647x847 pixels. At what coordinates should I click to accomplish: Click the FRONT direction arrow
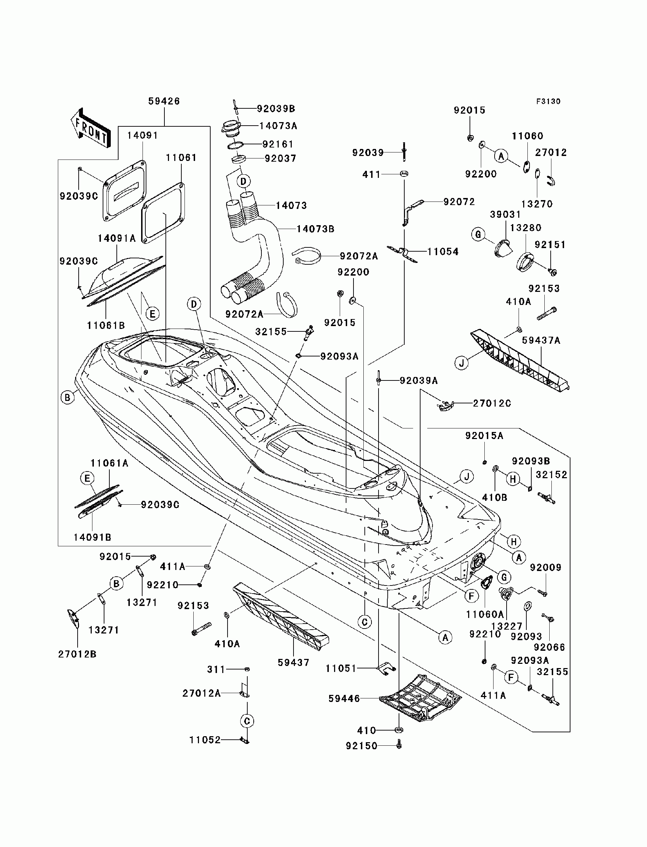pyautogui.click(x=91, y=127)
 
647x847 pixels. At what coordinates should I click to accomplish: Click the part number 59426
pyautogui.click(x=164, y=101)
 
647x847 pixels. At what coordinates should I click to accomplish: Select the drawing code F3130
pyautogui.click(x=549, y=101)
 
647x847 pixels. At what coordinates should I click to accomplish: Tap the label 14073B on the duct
pyautogui.click(x=315, y=229)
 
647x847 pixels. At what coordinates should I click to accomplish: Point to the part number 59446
pyautogui.click(x=344, y=698)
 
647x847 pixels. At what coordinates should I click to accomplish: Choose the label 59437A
pyautogui.click(x=541, y=341)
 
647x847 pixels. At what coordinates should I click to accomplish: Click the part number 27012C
pyautogui.click(x=492, y=403)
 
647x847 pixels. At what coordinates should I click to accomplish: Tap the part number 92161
pyautogui.click(x=278, y=144)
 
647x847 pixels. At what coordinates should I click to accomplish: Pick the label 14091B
pyautogui.click(x=92, y=537)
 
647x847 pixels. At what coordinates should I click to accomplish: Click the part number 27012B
pyautogui.click(x=77, y=654)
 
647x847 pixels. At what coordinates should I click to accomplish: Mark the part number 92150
pyautogui.click(x=362, y=746)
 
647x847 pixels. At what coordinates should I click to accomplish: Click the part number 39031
pyautogui.click(x=505, y=215)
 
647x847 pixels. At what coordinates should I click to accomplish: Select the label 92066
pyautogui.click(x=549, y=647)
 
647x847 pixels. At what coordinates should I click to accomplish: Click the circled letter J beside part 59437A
pyautogui.click(x=462, y=363)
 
